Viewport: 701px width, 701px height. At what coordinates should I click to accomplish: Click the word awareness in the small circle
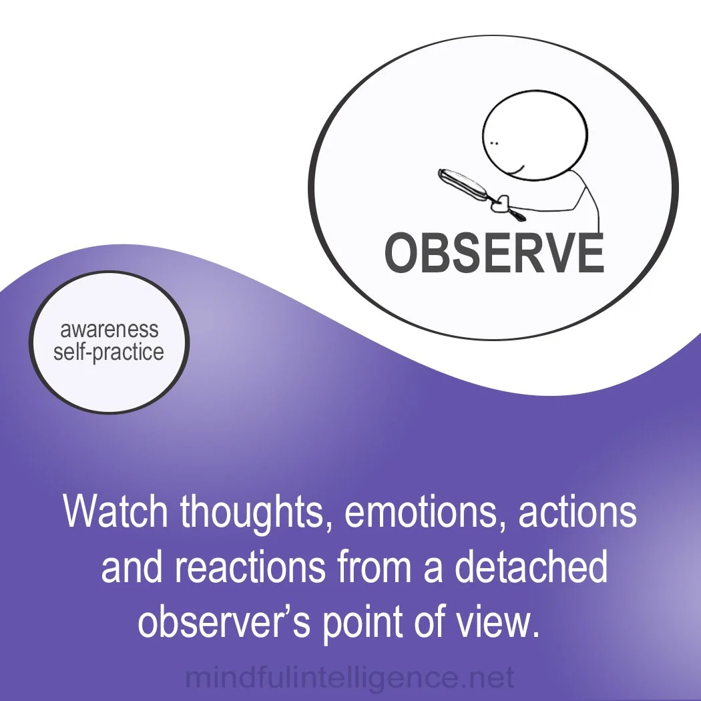[109, 329]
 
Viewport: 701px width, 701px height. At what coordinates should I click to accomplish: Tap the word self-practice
[109, 352]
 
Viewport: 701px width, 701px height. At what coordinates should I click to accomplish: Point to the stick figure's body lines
[588, 204]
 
